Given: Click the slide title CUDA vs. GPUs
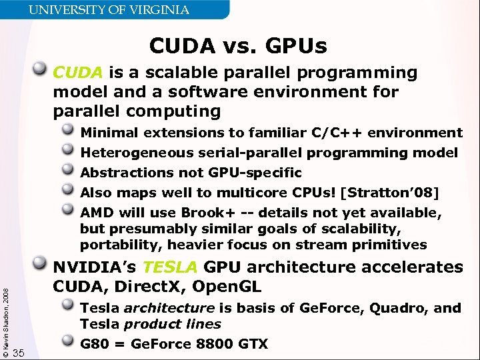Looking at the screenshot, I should point(238,46).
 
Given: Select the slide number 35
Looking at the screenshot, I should point(19,353).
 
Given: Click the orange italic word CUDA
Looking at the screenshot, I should point(77,72).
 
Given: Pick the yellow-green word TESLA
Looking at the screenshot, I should point(170,267).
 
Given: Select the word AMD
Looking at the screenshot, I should point(95,213).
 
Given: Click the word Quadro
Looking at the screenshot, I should point(391,308).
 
